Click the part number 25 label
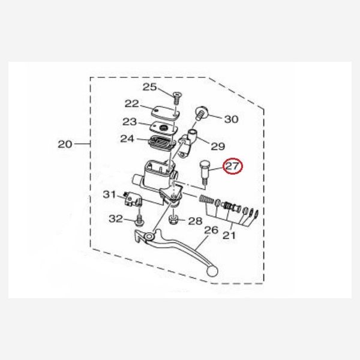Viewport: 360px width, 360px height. coord(149,87)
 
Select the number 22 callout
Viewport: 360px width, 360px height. coord(132,104)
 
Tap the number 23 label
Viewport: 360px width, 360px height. coord(130,122)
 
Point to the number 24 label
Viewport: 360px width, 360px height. coord(127,139)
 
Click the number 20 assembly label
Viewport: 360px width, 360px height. coord(65,144)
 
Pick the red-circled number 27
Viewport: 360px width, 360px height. coord(233,166)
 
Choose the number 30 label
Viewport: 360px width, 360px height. coord(231,119)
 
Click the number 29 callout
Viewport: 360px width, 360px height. coord(218,146)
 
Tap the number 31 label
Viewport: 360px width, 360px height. coord(109,194)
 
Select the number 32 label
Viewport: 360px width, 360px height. coord(116,219)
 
